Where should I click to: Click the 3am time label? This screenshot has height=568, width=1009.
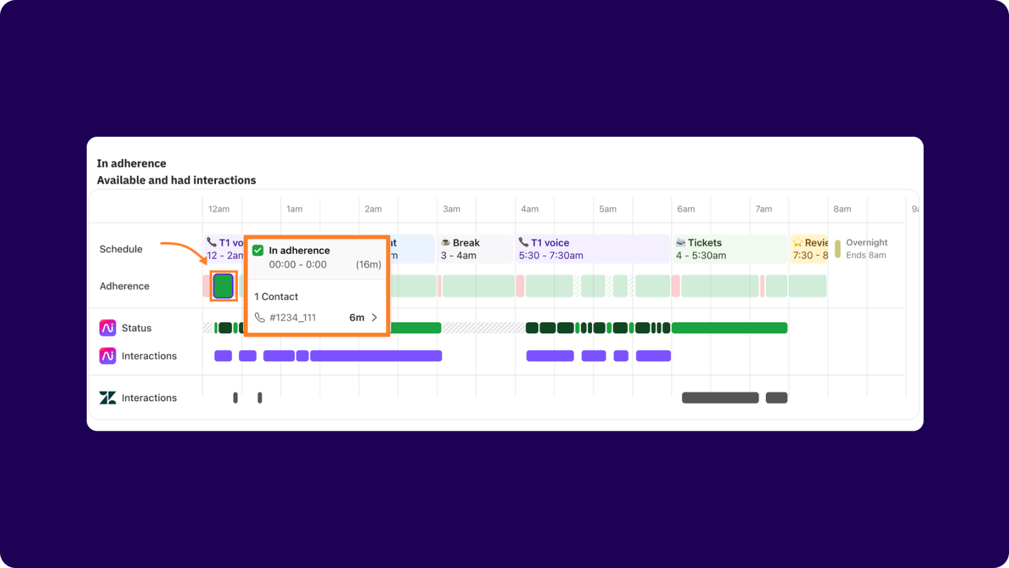pyautogui.click(x=451, y=209)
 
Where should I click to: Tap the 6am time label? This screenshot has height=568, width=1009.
pyautogui.click(x=686, y=209)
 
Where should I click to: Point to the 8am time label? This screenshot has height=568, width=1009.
pyautogui.click(x=842, y=209)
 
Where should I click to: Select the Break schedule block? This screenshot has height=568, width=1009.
pyautogui.click(x=475, y=249)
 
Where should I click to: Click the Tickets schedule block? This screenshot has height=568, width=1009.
pyautogui.click(x=729, y=249)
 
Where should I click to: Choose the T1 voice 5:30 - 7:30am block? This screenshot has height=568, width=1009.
pyautogui.click(x=591, y=249)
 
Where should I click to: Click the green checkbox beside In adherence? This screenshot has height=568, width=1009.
pyautogui.click(x=258, y=250)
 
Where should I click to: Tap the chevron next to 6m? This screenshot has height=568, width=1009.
pyautogui.click(x=374, y=318)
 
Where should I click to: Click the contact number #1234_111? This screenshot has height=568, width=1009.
pyautogui.click(x=292, y=318)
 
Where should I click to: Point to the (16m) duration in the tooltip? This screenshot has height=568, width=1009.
pyautogui.click(x=369, y=265)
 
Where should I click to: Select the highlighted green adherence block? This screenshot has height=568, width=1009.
pyautogui.click(x=223, y=286)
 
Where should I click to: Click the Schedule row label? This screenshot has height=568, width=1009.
pyautogui.click(x=121, y=249)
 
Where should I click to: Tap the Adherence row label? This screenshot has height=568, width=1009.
pyautogui.click(x=125, y=286)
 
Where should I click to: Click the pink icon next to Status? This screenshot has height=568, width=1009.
pyautogui.click(x=108, y=327)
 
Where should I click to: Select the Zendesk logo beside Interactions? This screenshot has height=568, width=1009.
pyautogui.click(x=108, y=398)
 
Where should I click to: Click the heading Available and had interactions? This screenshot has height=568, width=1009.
pyautogui.click(x=176, y=180)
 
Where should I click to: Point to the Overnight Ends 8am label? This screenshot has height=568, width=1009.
pyautogui.click(x=866, y=249)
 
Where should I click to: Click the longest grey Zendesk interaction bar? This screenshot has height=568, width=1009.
pyautogui.click(x=720, y=398)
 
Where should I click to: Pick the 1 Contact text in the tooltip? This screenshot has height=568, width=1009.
pyautogui.click(x=276, y=296)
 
